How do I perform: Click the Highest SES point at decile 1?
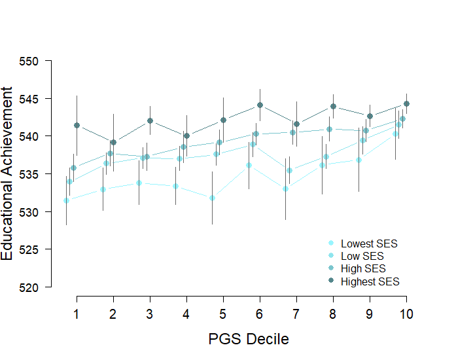click(77, 125)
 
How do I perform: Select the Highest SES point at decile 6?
click(260, 105)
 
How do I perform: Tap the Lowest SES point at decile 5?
click(212, 198)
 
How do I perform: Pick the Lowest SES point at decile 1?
click(66, 200)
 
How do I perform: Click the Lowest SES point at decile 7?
click(285, 189)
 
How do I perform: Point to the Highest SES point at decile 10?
click(406, 103)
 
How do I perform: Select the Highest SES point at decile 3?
click(150, 120)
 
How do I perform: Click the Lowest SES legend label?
click(369, 243)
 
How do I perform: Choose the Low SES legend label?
click(362, 256)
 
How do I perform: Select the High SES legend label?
click(363, 269)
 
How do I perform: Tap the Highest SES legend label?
click(370, 281)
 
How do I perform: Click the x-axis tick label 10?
click(406, 314)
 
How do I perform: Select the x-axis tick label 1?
click(77, 314)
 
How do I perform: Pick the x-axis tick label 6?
click(260, 314)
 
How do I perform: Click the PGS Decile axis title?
click(248, 339)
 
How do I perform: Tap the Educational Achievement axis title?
click(8, 174)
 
